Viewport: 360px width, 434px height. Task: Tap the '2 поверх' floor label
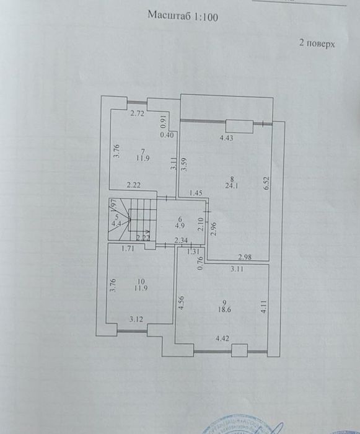[x=317, y=44]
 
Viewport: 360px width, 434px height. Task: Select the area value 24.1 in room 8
[x=232, y=184]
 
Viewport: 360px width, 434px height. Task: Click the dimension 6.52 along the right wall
[x=266, y=184]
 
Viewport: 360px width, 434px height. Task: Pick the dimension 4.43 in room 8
[x=228, y=139]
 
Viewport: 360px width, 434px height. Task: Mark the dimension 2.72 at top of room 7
[x=137, y=113]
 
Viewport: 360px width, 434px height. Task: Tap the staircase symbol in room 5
[x=136, y=220]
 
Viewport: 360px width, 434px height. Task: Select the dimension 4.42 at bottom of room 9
[x=224, y=339]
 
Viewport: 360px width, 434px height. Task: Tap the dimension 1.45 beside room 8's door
[x=196, y=193]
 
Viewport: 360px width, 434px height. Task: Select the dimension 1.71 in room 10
[x=128, y=250]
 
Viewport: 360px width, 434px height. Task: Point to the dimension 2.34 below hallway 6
[x=181, y=240]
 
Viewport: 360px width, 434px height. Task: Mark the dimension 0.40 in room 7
[x=166, y=135]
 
